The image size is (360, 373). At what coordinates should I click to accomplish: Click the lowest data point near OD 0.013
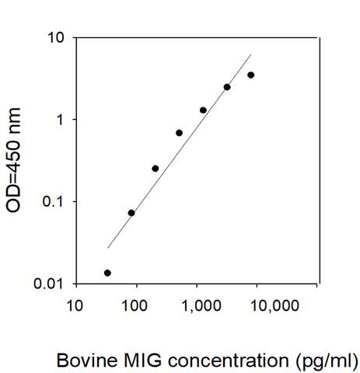tap(107, 273)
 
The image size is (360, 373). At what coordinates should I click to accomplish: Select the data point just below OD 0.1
tap(131, 213)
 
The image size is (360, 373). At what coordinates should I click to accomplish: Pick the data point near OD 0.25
tap(156, 169)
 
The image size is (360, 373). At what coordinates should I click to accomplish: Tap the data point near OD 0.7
tap(179, 133)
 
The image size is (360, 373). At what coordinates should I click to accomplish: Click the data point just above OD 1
tap(203, 110)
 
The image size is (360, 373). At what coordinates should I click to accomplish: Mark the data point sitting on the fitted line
tap(227, 87)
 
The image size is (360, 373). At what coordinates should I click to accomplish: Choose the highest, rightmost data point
tap(251, 75)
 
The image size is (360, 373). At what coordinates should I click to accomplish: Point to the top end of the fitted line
tap(251, 54)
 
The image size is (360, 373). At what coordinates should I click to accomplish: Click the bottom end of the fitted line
tap(107, 248)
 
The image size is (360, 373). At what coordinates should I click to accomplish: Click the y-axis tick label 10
tap(55, 38)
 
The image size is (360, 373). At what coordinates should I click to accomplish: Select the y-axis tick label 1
tap(61, 120)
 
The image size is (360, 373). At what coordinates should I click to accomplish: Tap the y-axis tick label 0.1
tap(53, 201)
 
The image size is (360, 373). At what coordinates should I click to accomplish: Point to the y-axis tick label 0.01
tap(49, 284)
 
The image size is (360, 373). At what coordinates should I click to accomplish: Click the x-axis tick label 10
tap(75, 305)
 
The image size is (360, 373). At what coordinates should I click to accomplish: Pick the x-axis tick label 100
tap(135, 305)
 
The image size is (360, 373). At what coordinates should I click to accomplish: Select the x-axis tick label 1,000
tap(201, 306)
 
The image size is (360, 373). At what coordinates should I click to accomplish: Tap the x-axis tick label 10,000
tap(274, 306)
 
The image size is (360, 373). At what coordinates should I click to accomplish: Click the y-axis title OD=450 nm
tap(13, 160)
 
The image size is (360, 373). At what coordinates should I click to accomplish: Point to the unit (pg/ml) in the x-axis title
tap(327, 361)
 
